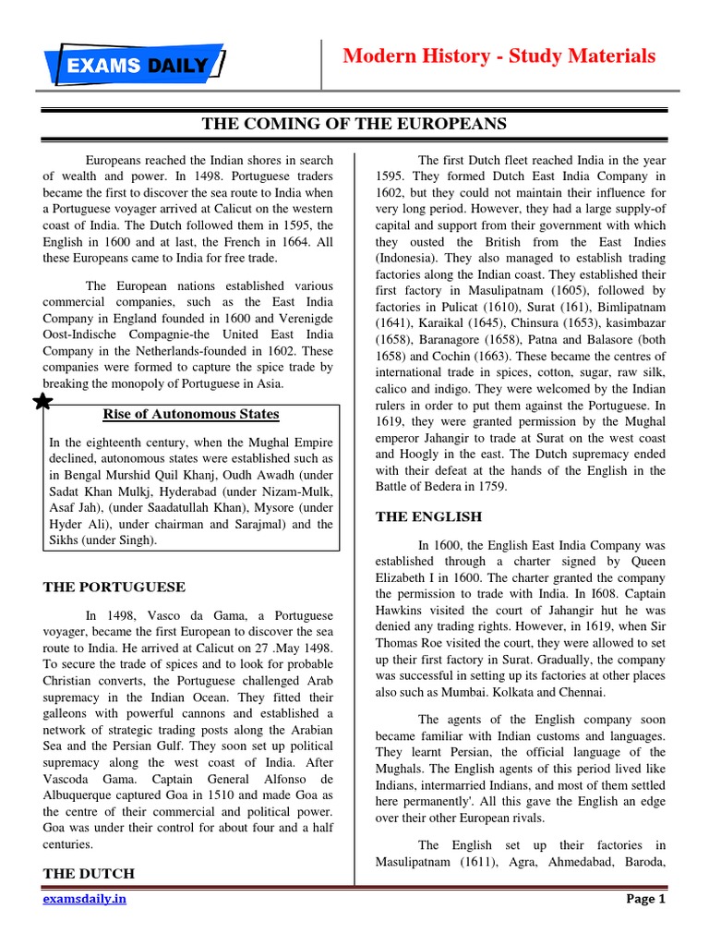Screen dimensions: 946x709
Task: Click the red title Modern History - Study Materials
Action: (499, 56)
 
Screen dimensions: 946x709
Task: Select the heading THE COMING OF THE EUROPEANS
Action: (354, 124)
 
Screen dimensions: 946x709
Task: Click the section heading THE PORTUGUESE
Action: (115, 587)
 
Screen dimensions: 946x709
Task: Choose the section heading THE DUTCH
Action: (89, 873)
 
